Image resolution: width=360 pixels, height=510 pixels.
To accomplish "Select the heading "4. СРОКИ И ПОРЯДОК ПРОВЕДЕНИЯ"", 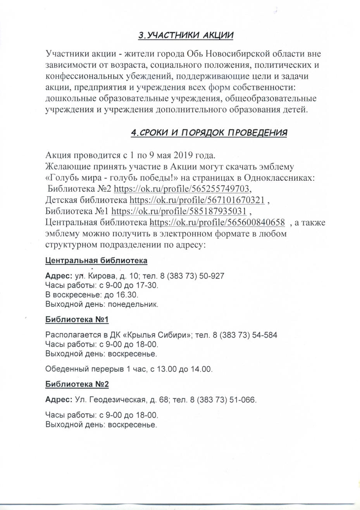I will [x=209, y=133].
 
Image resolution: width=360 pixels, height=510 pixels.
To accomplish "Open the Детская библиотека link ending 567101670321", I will [x=197, y=200].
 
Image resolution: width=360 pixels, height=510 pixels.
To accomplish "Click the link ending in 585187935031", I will [x=179, y=211].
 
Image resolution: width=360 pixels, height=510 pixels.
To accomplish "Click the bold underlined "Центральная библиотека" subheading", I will [x=96, y=260].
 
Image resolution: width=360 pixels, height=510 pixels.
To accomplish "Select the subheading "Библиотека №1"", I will [x=77, y=320].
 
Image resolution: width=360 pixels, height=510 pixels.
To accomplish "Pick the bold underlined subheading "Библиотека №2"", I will [x=77, y=384].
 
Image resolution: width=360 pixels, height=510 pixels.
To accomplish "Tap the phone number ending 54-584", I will [x=244, y=335].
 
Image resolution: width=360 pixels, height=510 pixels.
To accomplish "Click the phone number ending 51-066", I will [x=223, y=400].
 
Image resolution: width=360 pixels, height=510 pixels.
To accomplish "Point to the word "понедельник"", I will [x=133, y=304].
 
